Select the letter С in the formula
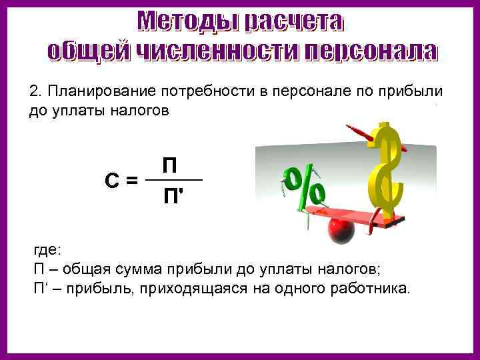coord(111,180)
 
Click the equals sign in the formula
coord(132,180)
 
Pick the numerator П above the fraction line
coord(170,165)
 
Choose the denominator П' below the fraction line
coord(171,197)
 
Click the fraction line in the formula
coord(173,181)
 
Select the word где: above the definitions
coord(47,250)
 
